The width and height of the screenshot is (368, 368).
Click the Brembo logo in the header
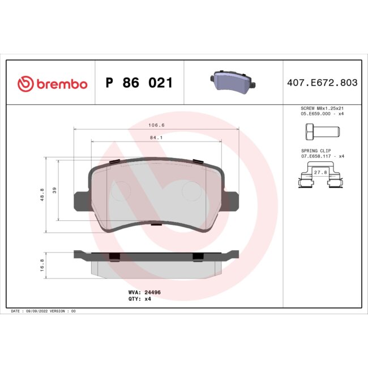tap(52, 84)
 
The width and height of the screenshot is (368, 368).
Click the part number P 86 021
tap(139, 84)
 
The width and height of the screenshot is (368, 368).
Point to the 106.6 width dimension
tap(157, 125)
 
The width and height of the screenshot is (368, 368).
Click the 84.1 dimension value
tap(157, 137)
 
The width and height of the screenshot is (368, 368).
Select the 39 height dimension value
tap(55, 190)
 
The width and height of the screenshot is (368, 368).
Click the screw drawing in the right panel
tap(318, 132)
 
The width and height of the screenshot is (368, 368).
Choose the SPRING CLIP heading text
tap(315, 151)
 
